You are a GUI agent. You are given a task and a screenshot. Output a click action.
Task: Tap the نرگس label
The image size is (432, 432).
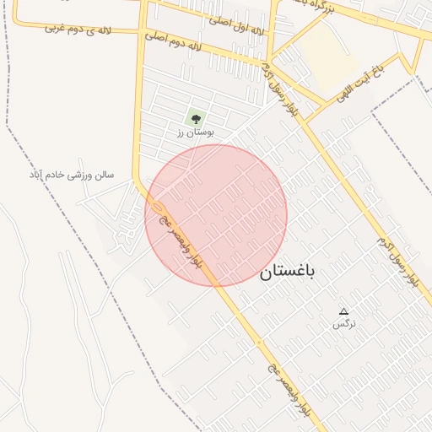(x=343, y=324)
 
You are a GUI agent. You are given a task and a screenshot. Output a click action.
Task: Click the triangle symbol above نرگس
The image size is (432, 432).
(x=343, y=311)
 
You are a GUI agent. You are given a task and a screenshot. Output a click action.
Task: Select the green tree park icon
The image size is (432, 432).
(x=197, y=119)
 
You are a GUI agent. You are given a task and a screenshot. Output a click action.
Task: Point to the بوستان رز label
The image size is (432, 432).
(x=196, y=132)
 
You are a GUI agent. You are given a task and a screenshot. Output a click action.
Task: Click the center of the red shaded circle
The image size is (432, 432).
(x=217, y=215)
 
